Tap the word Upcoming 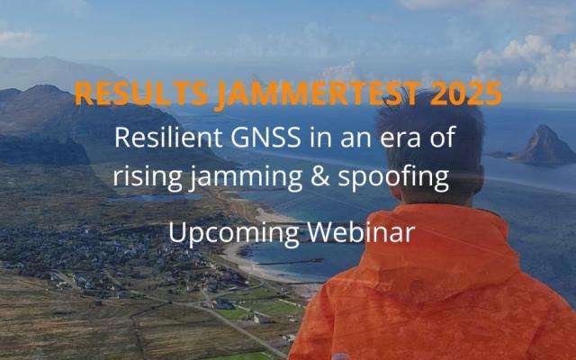tap(222, 233)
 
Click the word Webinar tap(360, 231)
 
